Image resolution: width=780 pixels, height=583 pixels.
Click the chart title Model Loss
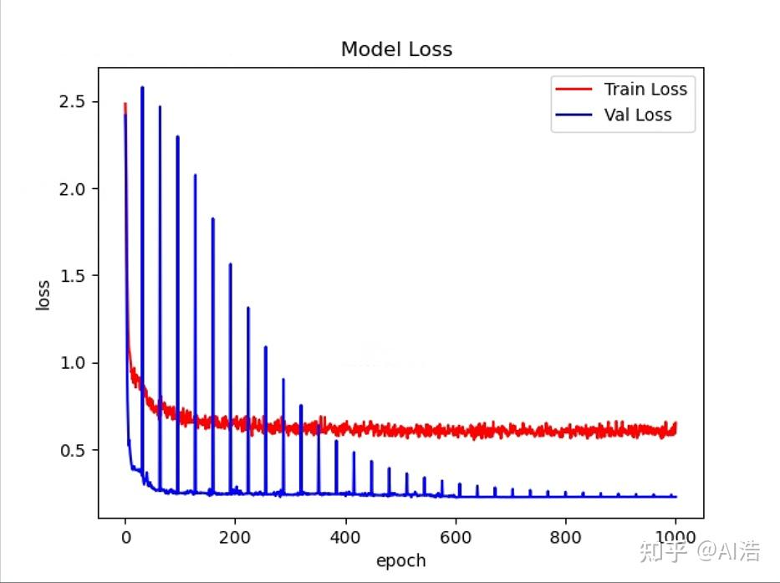[x=396, y=49]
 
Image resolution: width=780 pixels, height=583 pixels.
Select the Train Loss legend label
[x=645, y=89]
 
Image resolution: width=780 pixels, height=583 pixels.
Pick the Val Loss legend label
[x=638, y=115]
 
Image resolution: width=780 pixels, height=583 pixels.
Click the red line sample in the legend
[x=574, y=89]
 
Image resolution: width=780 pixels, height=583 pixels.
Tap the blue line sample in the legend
[x=574, y=115]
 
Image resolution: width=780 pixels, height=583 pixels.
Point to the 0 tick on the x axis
[x=125, y=537]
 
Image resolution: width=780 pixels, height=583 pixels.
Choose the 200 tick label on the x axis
[x=235, y=537]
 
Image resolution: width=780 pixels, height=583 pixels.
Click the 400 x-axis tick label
[x=345, y=537]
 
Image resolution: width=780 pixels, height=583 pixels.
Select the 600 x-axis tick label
[x=456, y=537]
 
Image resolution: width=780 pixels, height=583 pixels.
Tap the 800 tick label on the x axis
[x=566, y=537]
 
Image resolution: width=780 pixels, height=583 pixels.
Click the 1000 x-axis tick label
[x=675, y=537]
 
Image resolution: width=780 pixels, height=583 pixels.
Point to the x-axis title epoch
[x=400, y=560]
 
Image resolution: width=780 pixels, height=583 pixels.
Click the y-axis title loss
[x=43, y=294]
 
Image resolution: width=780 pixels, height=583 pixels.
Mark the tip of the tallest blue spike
[x=142, y=87]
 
